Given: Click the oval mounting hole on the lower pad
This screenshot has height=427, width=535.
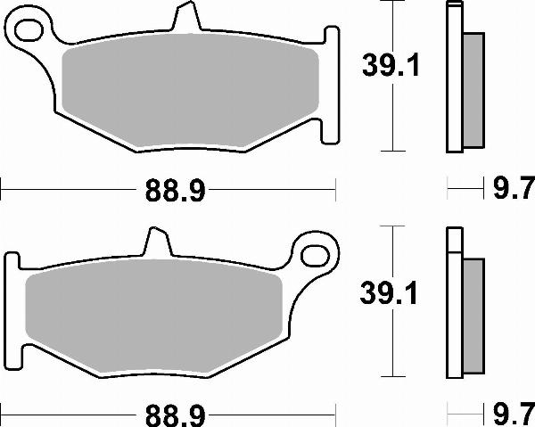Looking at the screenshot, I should coord(316,253).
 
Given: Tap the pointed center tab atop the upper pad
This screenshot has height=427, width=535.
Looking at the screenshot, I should coord(184,19).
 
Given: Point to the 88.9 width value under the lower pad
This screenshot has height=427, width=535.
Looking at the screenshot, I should coord(169,415).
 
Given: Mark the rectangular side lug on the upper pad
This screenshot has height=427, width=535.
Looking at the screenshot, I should coord(331,85).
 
